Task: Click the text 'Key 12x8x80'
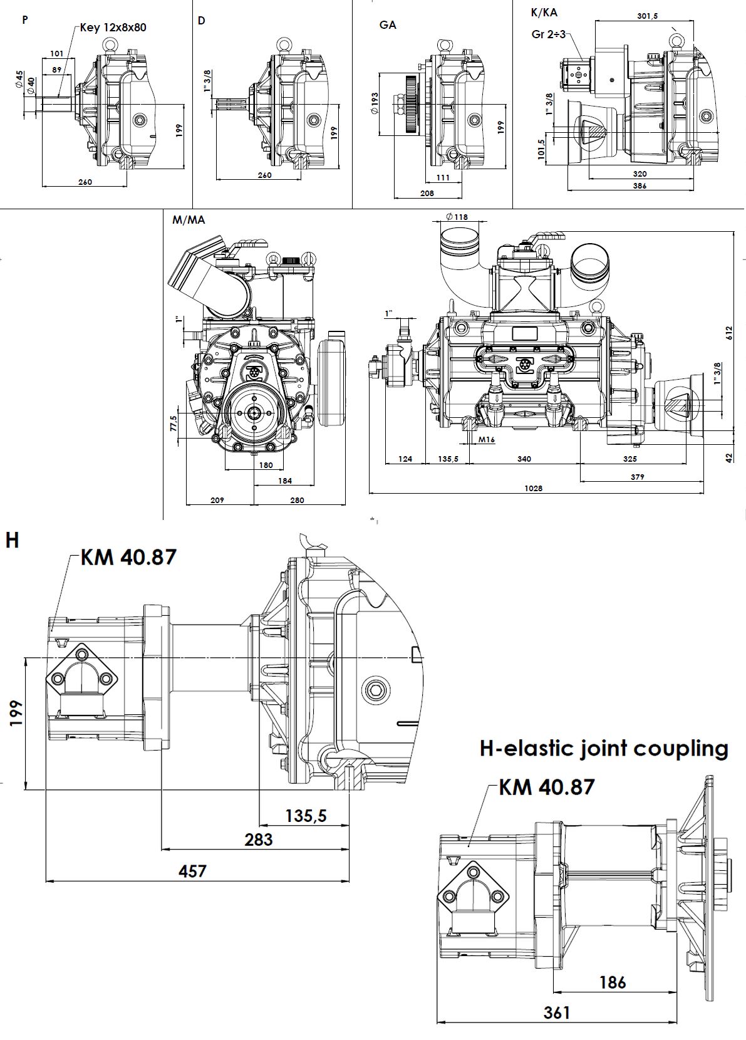pyautogui.click(x=113, y=28)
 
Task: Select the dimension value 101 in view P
pyautogui.click(x=56, y=54)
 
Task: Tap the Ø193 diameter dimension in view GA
pyautogui.click(x=375, y=104)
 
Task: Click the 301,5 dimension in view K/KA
pyautogui.click(x=647, y=16)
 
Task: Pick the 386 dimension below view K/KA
pyautogui.click(x=639, y=186)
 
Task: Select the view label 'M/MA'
pyautogui.click(x=189, y=220)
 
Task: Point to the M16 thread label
pyautogui.click(x=487, y=439)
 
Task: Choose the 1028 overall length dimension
pyautogui.click(x=533, y=488)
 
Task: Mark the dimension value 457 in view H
pyautogui.click(x=192, y=871)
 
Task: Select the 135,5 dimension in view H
pyautogui.click(x=306, y=816)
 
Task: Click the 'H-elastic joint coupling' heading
pyautogui.click(x=604, y=748)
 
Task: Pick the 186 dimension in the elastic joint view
pyautogui.click(x=612, y=982)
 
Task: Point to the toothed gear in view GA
pyautogui.click(x=411, y=104)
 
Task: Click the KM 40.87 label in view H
pyautogui.click(x=128, y=556)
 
